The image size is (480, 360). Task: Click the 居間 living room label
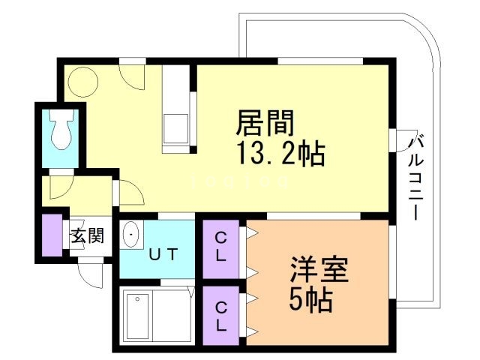[x=265, y=123]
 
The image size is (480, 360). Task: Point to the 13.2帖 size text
[x=280, y=152]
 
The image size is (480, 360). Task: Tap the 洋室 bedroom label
[x=319, y=270]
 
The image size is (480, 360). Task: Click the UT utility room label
[x=163, y=254]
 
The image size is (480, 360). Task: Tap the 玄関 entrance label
[x=88, y=235]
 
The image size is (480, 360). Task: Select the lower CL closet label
[x=220, y=316]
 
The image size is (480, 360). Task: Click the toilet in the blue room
[x=62, y=129]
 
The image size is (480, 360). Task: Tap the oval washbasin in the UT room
[x=131, y=234]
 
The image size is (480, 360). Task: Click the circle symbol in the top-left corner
[x=83, y=82]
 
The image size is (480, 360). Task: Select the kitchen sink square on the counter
[x=175, y=128]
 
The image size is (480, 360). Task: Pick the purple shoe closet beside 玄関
[x=52, y=235]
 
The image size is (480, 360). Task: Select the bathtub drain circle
[x=137, y=299]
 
